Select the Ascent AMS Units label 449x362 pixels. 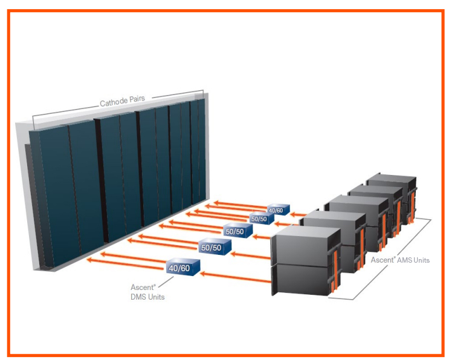(x=399, y=260)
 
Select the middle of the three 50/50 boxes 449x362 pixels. (x=234, y=231)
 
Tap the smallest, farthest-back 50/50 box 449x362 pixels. (x=258, y=219)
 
